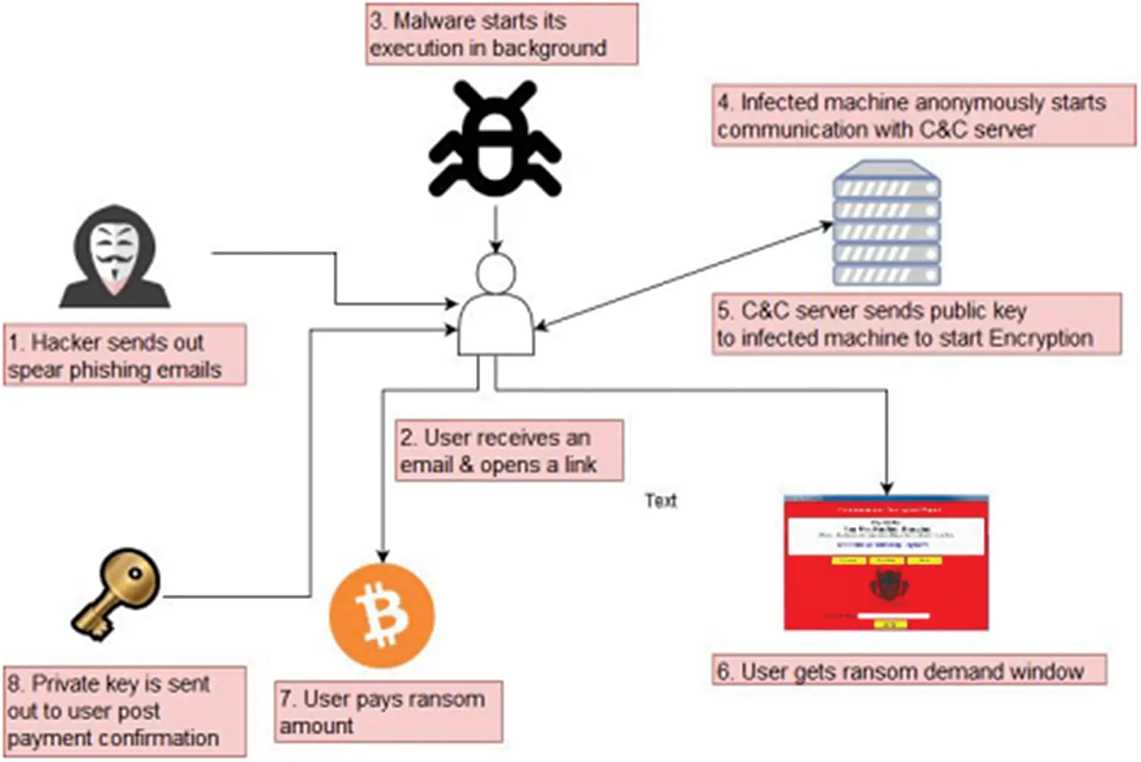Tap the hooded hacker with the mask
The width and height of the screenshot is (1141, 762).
pos(115,258)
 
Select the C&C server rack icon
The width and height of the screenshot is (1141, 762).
pos(886,224)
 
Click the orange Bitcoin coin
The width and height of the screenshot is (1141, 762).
pos(382,615)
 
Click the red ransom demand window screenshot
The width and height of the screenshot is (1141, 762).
pos(886,563)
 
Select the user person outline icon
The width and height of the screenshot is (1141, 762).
pos(496,307)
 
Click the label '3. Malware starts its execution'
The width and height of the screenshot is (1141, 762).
pos(501,35)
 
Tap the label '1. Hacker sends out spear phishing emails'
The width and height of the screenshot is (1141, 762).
pos(124,356)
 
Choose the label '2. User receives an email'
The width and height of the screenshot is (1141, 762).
pos(509,451)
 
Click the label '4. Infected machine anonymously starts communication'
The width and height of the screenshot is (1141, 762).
pos(923,116)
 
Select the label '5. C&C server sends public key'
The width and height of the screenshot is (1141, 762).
pos(916,325)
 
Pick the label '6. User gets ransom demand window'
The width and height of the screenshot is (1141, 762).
pos(908,671)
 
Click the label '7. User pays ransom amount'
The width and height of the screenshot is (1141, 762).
pos(388,711)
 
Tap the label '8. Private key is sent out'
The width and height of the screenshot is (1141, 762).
pos(124,711)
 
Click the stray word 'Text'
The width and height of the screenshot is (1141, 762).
pos(660,500)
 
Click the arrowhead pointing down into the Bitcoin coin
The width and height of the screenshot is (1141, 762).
pos(383,556)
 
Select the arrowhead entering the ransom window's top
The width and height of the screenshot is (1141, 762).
pos(886,488)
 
